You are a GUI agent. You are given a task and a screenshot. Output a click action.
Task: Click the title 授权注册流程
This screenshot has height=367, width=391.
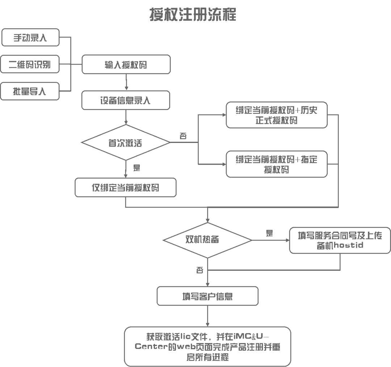[193, 15]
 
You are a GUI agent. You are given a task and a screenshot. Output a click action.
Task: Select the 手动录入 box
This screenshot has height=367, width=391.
[30, 38]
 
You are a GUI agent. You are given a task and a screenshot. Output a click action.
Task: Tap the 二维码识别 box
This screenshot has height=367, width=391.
[30, 64]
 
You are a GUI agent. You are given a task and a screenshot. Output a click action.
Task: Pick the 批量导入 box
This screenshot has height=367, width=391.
[30, 91]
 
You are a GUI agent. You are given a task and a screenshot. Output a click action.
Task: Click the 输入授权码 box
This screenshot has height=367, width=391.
[126, 64]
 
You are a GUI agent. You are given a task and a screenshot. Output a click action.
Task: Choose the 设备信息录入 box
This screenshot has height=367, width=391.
[126, 100]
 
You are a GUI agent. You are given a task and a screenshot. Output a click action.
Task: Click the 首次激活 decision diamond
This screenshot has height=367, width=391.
[125, 143]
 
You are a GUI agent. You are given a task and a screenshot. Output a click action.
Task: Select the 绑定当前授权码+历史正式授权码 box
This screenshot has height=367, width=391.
[277, 115]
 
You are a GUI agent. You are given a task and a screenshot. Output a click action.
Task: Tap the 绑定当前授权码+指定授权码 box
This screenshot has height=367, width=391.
[277, 164]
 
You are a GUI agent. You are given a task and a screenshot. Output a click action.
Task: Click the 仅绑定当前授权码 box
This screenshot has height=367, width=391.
[125, 187]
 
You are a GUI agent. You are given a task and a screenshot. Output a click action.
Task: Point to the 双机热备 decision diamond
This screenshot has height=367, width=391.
[207, 240]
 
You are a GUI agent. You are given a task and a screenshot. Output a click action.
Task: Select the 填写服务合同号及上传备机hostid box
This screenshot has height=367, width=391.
[340, 240]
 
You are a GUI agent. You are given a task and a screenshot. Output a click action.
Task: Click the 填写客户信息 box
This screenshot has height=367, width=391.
[207, 296]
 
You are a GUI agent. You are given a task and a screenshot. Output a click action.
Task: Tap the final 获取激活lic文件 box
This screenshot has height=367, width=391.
[207, 346]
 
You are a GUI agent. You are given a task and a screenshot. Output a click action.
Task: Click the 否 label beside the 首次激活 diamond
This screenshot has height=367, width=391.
[184, 136]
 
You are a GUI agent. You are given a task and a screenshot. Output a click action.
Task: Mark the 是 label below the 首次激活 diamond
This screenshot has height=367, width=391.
[136, 168]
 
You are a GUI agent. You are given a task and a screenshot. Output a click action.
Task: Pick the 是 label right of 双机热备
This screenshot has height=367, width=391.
[269, 233]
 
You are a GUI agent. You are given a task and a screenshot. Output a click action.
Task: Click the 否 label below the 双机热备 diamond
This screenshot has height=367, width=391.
[199, 270]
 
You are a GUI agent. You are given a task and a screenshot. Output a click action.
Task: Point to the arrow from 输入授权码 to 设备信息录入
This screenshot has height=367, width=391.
[126, 82]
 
